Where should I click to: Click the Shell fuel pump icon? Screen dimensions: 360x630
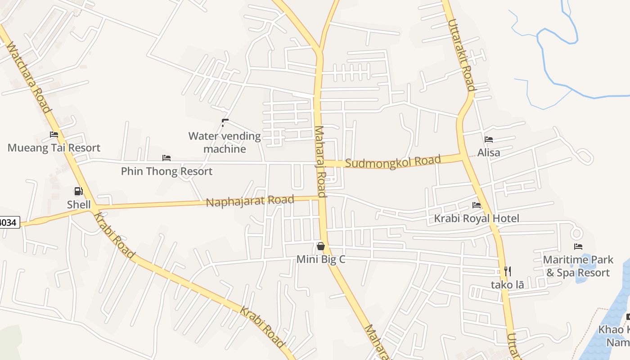pyautogui.click(x=78, y=191)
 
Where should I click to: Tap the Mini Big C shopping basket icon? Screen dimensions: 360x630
pyautogui.click(x=321, y=246)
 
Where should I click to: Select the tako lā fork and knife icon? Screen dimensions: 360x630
pyautogui.click(x=508, y=271)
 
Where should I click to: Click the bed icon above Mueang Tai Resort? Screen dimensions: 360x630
pyautogui.click(x=54, y=135)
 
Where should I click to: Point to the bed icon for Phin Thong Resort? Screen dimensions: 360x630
pyautogui.click(x=166, y=158)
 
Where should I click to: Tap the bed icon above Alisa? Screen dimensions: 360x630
pyautogui.click(x=489, y=139)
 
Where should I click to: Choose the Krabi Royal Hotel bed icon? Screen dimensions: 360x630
pyautogui.click(x=477, y=205)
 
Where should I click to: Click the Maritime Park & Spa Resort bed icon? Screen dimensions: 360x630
pyautogui.click(x=578, y=246)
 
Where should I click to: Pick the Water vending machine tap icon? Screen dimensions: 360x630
pyautogui.click(x=225, y=122)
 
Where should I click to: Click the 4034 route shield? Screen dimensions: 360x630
pyautogui.click(x=9, y=222)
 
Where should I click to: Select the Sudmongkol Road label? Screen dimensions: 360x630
pyautogui.click(x=393, y=162)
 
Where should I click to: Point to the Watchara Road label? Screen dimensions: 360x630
pyautogui.click(x=28, y=77)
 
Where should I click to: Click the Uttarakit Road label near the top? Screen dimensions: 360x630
pyautogui.click(x=461, y=54)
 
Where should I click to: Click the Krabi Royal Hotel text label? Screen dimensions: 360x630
pyautogui.click(x=477, y=219)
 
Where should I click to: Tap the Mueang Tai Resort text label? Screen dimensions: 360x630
pyautogui.click(x=54, y=148)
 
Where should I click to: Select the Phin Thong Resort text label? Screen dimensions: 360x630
pyautogui.click(x=166, y=171)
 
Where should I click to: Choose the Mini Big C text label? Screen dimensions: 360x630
pyautogui.click(x=321, y=260)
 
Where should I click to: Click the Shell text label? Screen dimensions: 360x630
pyautogui.click(x=79, y=204)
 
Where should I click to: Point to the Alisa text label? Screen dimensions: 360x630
pyautogui.click(x=489, y=153)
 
